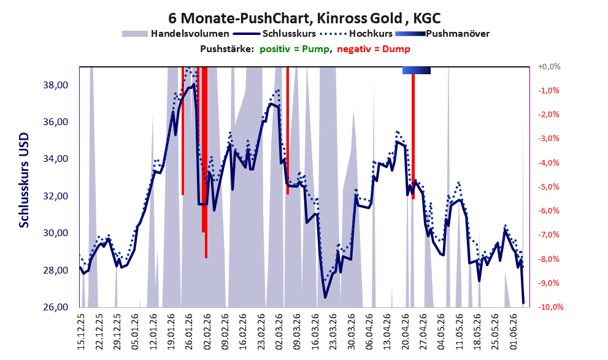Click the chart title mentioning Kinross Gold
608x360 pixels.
coord(304,18)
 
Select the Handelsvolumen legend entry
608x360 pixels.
coord(175,34)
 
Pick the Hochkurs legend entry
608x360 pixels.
coord(356,34)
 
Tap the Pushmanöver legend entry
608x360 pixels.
coord(442,34)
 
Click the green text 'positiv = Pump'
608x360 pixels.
coord(294,49)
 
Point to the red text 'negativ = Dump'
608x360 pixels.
coord(374,49)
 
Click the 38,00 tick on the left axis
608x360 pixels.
coord(55,85)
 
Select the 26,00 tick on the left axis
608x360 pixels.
coord(55,307)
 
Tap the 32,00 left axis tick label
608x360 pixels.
coord(55,196)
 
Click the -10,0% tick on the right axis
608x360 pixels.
coord(550,307)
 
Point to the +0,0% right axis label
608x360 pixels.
coord(549,67)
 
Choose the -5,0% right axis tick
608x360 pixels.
coord(549,187)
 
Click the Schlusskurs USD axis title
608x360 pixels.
coord(24,180)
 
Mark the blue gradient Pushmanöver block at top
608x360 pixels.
coord(417,70)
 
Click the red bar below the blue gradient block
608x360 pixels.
coord(414,136)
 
